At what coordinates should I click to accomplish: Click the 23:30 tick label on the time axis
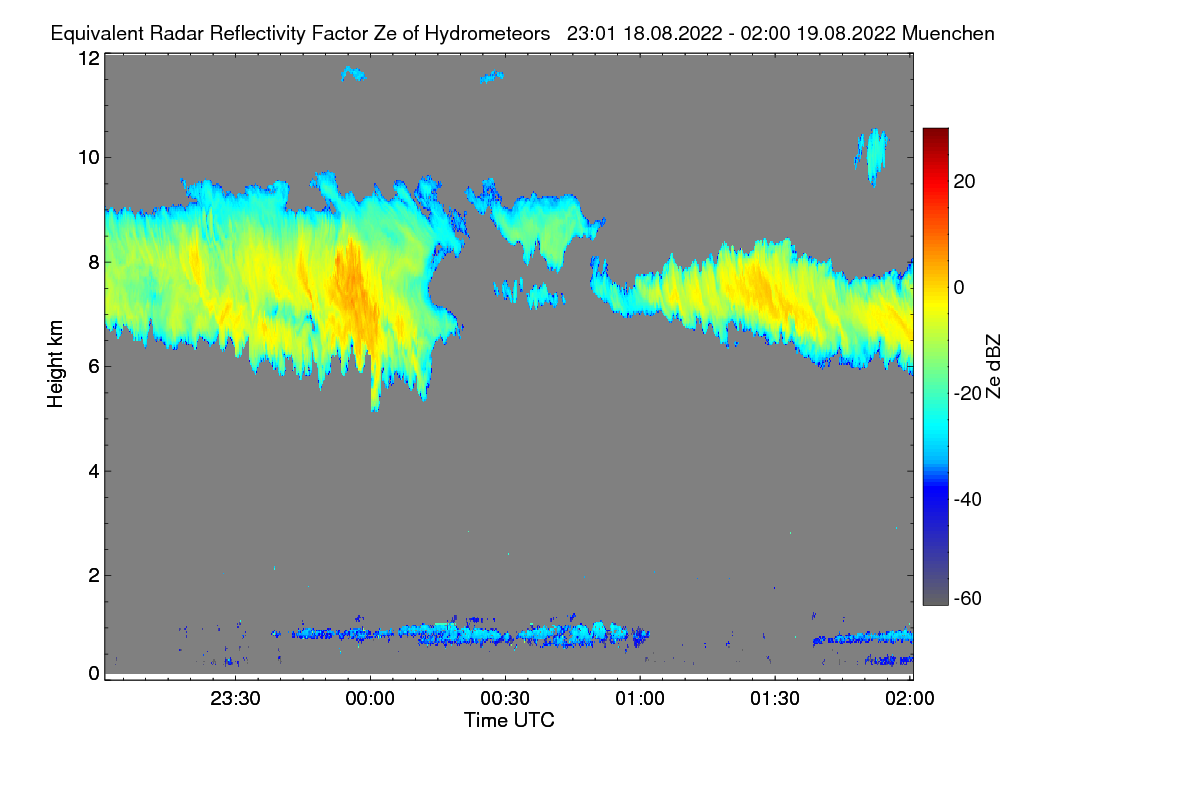[235, 699]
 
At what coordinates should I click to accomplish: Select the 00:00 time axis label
[370, 699]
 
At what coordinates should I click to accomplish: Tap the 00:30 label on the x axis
[505, 699]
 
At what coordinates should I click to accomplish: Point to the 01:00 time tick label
[640, 699]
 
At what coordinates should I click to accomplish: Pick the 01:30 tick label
[775, 699]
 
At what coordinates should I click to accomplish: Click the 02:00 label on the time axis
[910, 699]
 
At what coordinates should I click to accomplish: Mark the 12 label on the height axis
[89, 58]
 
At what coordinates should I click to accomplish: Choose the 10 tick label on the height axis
[89, 158]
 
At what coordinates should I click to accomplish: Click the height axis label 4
[94, 472]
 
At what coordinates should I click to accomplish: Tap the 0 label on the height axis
[94, 674]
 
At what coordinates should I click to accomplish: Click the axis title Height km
[55, 364]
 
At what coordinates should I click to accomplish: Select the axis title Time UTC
[509, 721]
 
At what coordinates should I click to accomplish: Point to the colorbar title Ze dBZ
[994, 367]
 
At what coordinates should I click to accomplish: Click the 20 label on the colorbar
[964, 182]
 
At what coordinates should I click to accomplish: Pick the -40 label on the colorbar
[968, 500]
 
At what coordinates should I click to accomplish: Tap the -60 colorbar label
[968, 599]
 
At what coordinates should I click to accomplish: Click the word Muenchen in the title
[948, 34]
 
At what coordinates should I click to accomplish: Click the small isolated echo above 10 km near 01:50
[873, 156]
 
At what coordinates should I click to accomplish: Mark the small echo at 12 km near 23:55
[354, 74]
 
